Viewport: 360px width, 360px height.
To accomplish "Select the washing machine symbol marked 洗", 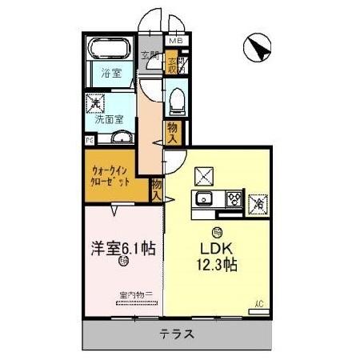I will coord(95,103).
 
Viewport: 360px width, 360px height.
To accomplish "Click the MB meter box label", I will coord(176,40).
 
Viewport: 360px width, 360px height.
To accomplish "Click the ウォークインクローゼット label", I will coord(113,175).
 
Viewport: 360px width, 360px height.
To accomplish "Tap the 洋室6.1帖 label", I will coord(121,248).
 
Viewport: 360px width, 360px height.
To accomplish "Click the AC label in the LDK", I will coord(258,302).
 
